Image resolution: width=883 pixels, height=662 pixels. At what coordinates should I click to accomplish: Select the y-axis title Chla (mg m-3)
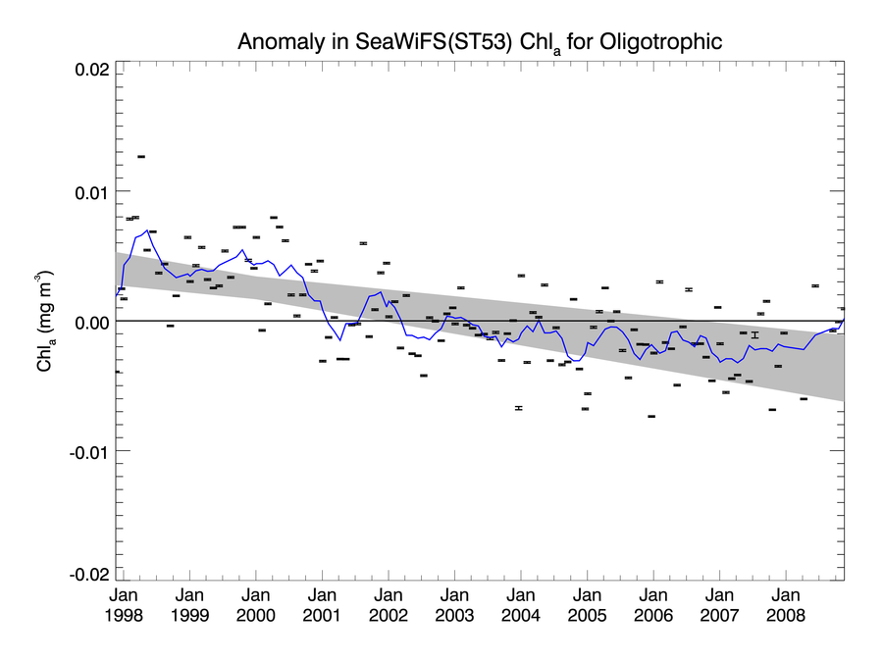(x=45, y=321)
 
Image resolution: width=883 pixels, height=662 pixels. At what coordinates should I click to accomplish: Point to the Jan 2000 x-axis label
(x=255, y=605)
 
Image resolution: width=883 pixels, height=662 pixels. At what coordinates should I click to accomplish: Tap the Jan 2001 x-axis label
(x=322, y=605)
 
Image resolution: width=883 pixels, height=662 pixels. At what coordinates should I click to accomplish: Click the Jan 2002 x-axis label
(x=389, y=605)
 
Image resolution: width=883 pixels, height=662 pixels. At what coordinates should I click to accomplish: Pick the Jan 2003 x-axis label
(x=454, y=605)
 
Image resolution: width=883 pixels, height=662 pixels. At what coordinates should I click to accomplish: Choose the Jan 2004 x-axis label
(x=520, y=605)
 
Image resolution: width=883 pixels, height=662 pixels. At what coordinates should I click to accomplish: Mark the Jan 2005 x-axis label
(x=587, y=605)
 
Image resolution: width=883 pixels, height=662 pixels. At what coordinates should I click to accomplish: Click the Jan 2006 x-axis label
(x=653, y=605)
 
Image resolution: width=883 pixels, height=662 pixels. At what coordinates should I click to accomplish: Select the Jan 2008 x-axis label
(x=786, y=605)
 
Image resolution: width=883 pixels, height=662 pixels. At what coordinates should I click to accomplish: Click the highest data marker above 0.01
(x=141, y=156)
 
